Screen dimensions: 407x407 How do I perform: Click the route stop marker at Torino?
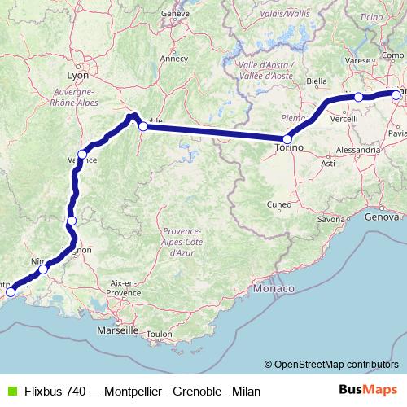(287, 139)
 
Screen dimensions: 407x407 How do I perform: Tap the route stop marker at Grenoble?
(143, 126)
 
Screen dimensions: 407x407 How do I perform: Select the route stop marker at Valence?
(82, 154)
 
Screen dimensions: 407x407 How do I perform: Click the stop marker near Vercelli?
(358, 98)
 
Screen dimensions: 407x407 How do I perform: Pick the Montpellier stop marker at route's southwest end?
(11, 291)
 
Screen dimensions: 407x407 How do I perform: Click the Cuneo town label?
(279, 204)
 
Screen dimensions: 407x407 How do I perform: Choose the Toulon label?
(160, 334)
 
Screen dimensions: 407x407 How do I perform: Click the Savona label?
(331, 220)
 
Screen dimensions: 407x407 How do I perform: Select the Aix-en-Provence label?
(125, 287)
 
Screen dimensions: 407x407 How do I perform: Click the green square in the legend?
(11, 391)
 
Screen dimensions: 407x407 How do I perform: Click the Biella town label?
(317, 81)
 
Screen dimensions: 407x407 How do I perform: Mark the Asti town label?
(328, 164)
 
